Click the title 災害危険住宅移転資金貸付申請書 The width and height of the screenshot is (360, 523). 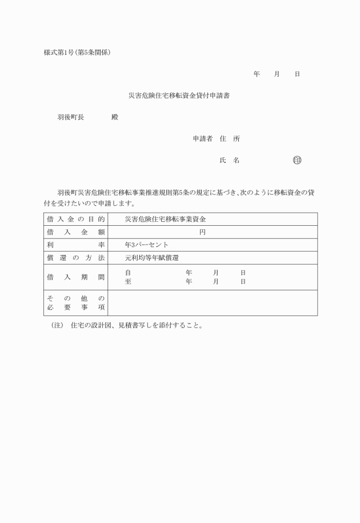179,95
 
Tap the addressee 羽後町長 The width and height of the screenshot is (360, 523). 71,117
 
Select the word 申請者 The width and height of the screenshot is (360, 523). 203,139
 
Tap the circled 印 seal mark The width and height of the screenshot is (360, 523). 297,161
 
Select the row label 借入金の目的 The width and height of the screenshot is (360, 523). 75,219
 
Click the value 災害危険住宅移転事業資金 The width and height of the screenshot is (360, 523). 165,219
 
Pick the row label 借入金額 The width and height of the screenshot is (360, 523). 75,232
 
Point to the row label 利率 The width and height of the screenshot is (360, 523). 75,245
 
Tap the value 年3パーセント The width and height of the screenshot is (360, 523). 146,245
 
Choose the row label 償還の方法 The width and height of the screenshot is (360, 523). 75,258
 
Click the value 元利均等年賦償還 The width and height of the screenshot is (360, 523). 151,258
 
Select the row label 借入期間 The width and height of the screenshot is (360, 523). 75,277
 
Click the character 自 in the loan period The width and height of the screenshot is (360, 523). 128,273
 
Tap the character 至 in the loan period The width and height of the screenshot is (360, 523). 128,282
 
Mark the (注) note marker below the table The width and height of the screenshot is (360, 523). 57,326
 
